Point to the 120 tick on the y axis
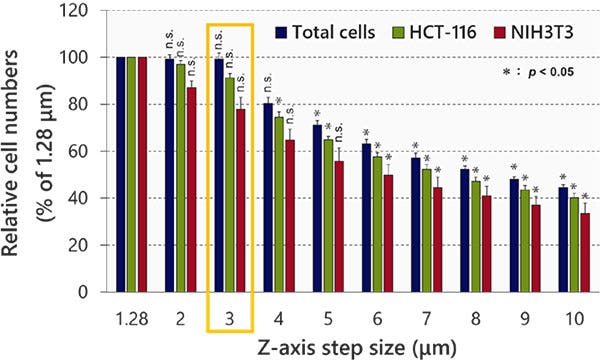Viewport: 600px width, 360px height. point(72,11)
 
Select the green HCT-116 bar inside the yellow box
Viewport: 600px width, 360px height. point(230,186)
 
